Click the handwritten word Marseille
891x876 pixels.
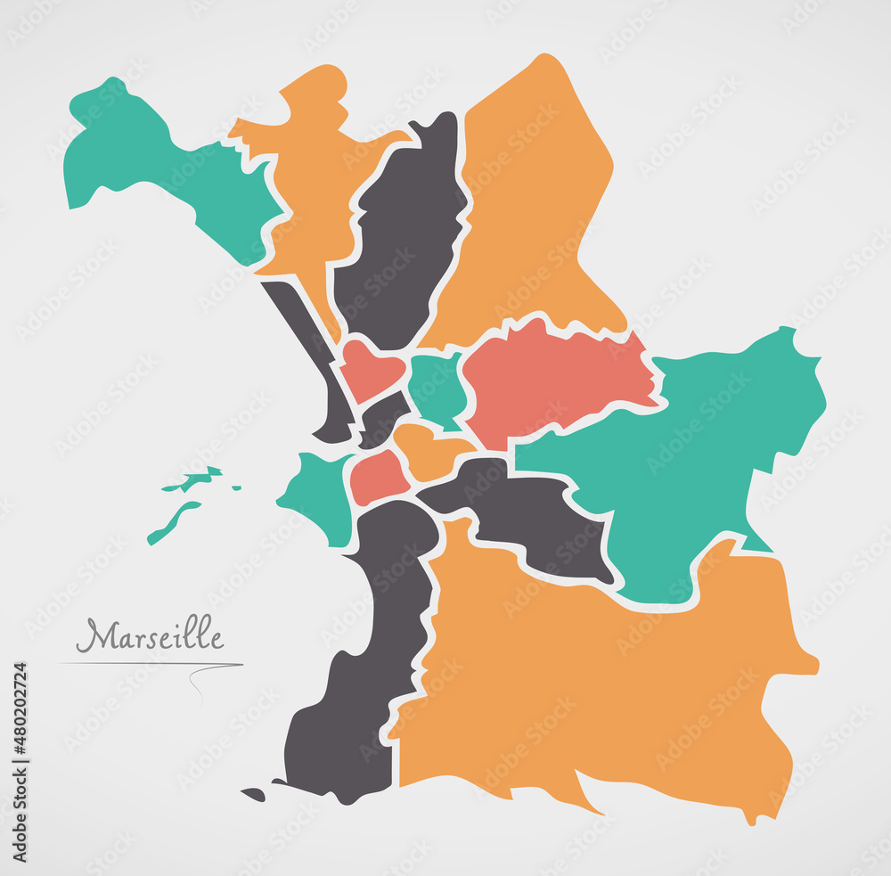pos(150,636)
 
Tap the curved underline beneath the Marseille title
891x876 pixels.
pos(151,664)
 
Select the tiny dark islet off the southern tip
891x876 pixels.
pos(253,794)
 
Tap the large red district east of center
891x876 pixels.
pos(552,374)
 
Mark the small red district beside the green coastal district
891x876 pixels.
pos(378,477)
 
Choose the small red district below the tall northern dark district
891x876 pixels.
pos(369,367)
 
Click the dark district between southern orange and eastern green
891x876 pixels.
pos(526,517)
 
